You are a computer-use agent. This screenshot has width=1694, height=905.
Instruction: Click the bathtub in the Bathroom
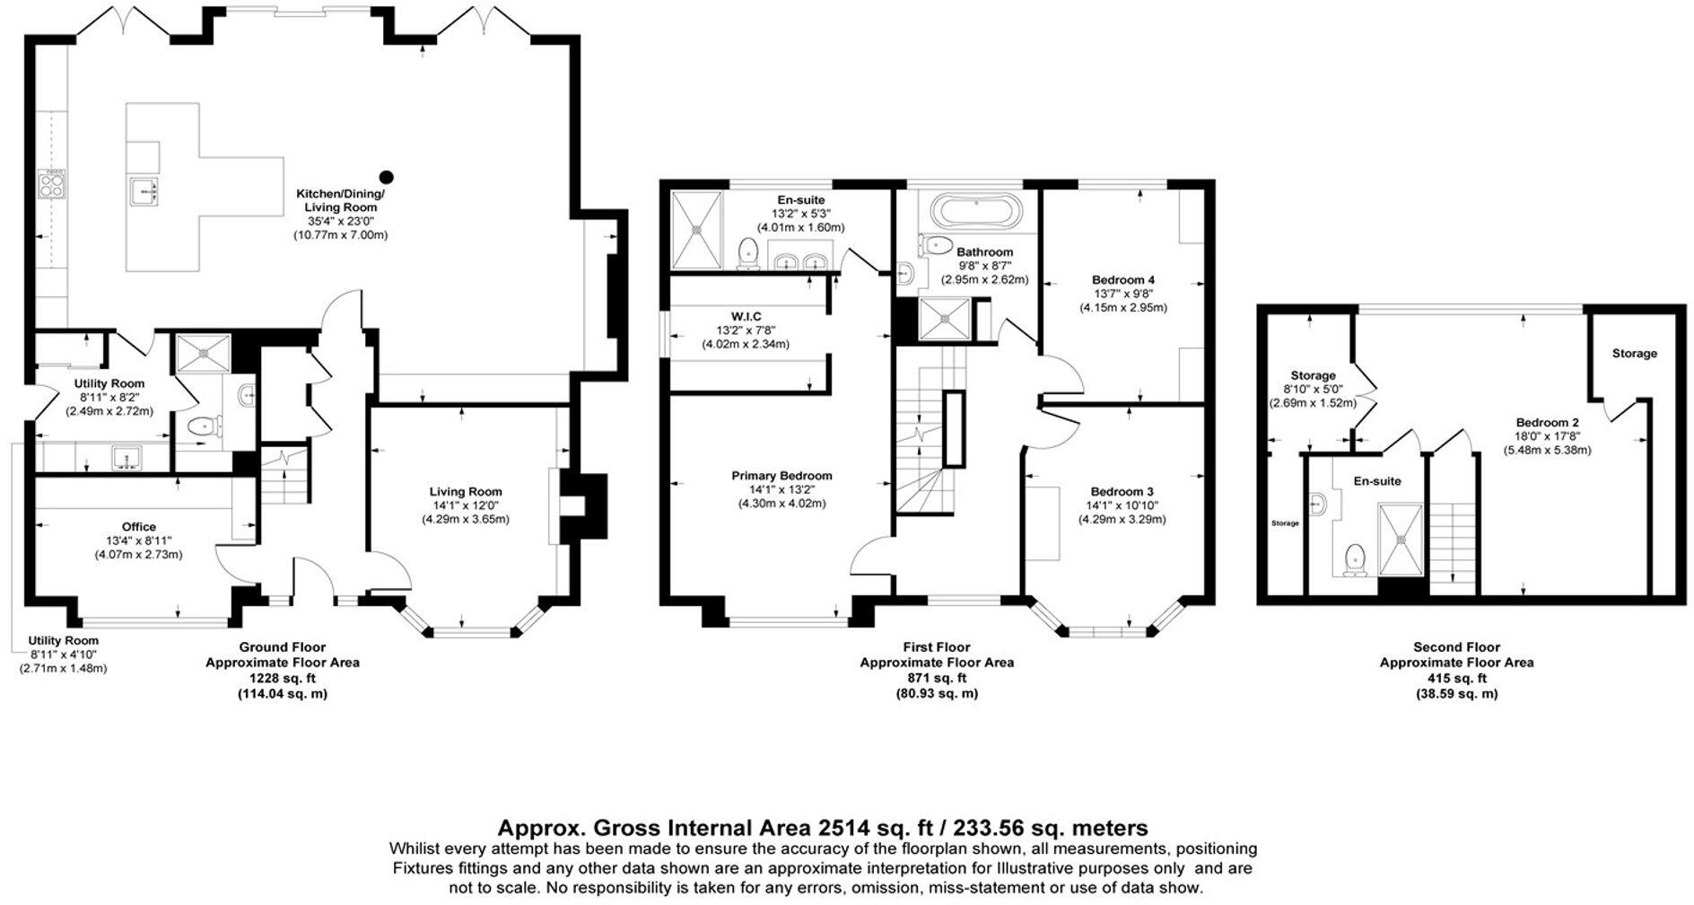(975, 211)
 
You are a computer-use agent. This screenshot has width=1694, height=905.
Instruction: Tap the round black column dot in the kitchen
(386, 177)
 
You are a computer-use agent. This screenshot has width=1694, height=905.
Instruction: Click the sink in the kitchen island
(144, 190)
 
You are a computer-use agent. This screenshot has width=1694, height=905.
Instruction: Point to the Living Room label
(466, 491)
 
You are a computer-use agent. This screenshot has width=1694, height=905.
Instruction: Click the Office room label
(139, 527)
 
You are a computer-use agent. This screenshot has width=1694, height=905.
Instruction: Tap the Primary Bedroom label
(782, 476)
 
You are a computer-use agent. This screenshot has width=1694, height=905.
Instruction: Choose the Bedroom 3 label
(1122, 491)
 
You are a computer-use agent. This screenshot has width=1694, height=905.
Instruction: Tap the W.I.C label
(746, 316)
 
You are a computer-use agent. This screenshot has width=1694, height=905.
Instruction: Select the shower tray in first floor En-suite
(696, 230)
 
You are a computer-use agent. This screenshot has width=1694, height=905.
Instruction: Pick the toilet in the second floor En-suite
(1355, 559)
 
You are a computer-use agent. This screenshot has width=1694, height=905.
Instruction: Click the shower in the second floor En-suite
(1400, 539)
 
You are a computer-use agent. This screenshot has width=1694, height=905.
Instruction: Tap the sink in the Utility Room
(127, 459)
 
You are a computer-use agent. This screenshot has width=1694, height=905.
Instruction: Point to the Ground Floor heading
(282, 646)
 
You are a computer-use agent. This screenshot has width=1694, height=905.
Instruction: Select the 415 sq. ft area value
(1456, 678)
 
